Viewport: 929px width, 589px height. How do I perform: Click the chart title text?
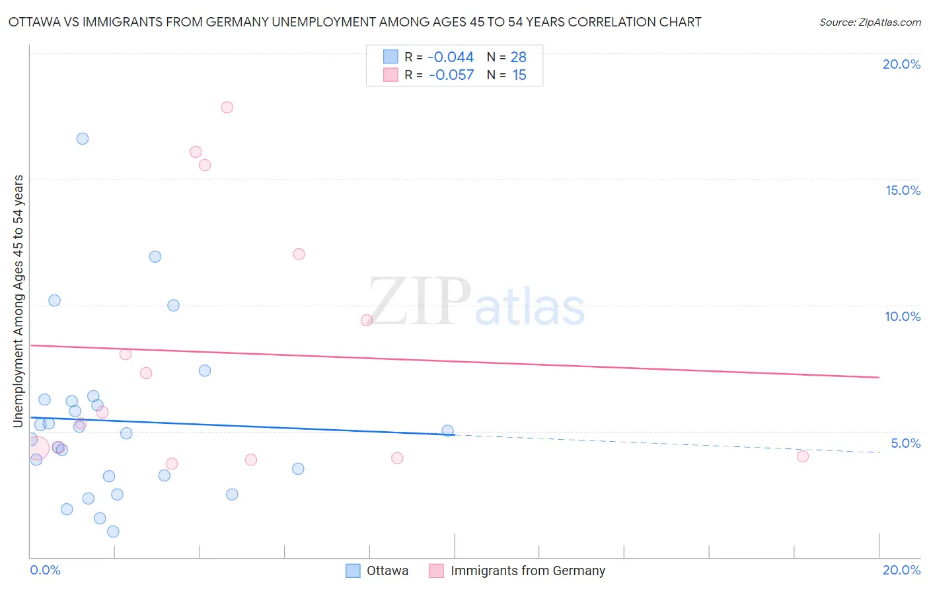pyautogui.click(x=354, y=22)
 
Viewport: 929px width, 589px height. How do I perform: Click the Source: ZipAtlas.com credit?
pyautogui.click(x=870, y=22)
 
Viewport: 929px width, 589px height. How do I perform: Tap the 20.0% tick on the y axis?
pyautogui.click(x=901, y=64)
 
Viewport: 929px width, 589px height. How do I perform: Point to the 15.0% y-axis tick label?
pyautogui.click(x=903, y=190)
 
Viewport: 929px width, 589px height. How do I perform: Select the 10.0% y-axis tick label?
pyautogui.click(x=903, y=316)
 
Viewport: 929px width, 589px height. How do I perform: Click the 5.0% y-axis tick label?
pyautogui.click(x=905, y=443)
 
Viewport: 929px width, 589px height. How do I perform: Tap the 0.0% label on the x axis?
pyautogui.click(x=45, y=570)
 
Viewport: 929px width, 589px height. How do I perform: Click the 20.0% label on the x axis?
pyautogui.click(x=901, y=570)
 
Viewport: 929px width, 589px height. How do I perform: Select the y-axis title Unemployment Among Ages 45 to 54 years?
pyautogui.click(x=19, y=300)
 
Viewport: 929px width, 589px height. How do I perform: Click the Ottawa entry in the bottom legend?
pyautogui.click(x=387, y=571)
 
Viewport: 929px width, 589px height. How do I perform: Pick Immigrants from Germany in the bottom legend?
pyautogui.click(x=527, y=571)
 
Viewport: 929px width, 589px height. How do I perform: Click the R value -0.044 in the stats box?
pyautogui.click(x=451, y=57)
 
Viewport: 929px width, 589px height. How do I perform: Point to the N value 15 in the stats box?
pyautogui.click(x=519, y=75)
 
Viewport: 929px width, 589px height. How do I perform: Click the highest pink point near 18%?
pyautogui.click(x=227, y=107)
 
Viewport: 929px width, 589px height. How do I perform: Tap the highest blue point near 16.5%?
pyautogui.click(x=83, y=139)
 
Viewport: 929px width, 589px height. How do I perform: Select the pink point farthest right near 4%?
pyautogui.click(x=803, y=456)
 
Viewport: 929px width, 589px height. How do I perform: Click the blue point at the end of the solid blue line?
pyautogui.click(x=447, y=431)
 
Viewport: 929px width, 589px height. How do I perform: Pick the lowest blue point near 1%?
pyautogui.click(x=113, y=532)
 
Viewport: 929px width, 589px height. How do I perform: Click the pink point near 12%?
pyautogui.click(x=299, y=254)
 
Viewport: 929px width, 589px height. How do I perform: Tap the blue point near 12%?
pyautogui.click(x=155, y=257)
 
